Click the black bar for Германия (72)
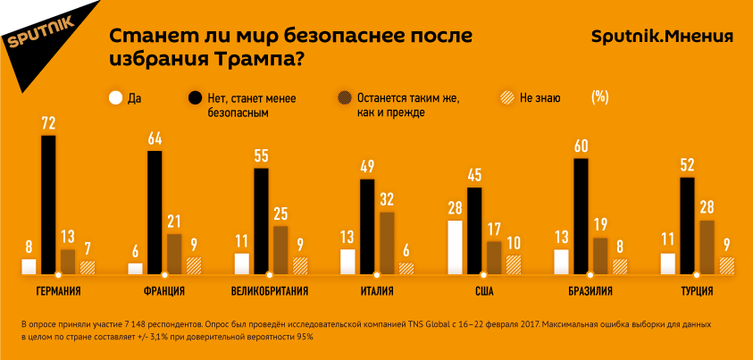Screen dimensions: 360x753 point(48,205)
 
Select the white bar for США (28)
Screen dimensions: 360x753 point(455,247)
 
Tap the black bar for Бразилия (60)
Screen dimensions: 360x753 point(581,215)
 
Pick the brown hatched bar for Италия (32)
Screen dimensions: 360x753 point(387,242)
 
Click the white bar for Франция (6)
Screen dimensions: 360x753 point(135,268)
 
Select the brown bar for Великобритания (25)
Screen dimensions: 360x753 point(280,249)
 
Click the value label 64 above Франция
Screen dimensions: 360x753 point(155,138)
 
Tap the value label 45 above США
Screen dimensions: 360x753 point(475,174)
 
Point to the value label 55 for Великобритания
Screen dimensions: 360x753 point(261,155)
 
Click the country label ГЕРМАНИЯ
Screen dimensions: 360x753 point(59,291)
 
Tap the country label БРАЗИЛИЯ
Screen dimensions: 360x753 point(590,291)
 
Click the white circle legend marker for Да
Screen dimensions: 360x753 point(114,97)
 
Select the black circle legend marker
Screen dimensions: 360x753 point(193,97)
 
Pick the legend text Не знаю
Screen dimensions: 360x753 point(540,97)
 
